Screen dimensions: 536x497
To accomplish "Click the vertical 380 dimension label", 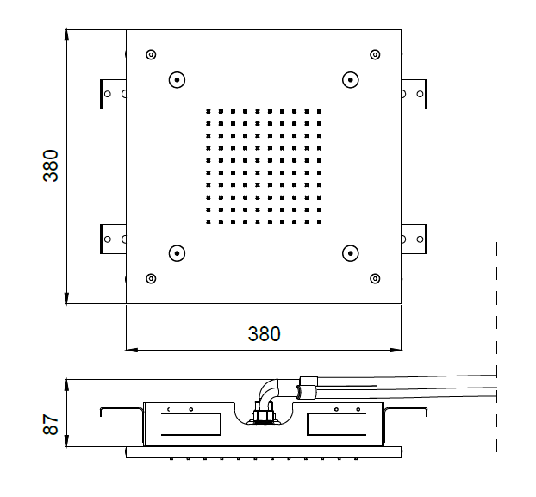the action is [51, 165].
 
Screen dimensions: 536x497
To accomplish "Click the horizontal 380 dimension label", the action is [265, 334].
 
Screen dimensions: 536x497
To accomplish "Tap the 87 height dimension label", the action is [51, 425].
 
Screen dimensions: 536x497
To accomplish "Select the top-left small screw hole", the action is [151, 54].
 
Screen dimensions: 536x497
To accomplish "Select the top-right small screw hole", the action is [375, 54].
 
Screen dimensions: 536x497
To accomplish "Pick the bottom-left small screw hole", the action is [151, 279].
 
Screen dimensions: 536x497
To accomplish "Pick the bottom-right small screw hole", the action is [375, 279].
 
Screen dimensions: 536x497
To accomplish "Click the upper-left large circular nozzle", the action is [177, 80].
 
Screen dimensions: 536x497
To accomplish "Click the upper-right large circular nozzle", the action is [351, 80].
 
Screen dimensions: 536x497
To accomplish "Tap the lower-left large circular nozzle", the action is [177, 253].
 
